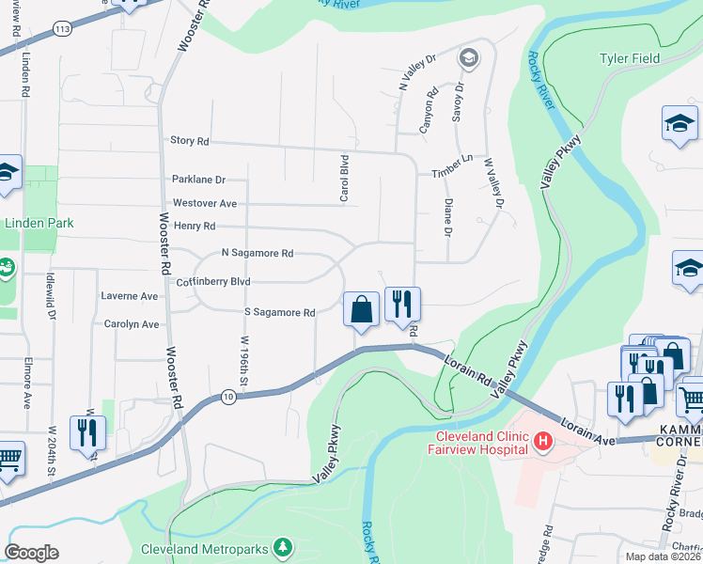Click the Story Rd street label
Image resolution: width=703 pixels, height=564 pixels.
click(x=189, y=141)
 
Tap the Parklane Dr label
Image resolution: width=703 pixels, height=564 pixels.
click(x=199, y=179)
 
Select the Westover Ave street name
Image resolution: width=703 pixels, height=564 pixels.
click(x=205, y=203)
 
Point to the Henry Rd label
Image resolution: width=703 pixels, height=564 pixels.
click(x=195, y=227)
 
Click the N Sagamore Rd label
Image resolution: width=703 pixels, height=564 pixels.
click(x=258, y=254)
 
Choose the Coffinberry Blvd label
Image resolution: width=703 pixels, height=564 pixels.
click(x=213, y=281)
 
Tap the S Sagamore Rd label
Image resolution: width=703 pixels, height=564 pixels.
click(x=279, y=312)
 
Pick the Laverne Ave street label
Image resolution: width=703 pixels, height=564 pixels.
click(x=129, y=296)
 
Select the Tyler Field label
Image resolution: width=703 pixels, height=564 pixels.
click(x=630, y=58)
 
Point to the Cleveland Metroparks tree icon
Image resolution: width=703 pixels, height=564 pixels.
click(x=282, y=548)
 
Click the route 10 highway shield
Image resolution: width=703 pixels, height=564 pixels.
click(x=228, y=398)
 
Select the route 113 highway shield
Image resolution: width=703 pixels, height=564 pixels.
click(x=62, y=29)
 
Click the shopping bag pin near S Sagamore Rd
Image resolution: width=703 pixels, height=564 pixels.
click(x=362, y=309)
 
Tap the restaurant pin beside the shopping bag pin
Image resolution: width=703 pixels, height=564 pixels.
click(x=402, y=304)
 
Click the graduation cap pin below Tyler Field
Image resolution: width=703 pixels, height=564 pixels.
click(x=680, y=123)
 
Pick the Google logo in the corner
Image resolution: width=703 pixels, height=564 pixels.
click(x=31, y=553)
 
